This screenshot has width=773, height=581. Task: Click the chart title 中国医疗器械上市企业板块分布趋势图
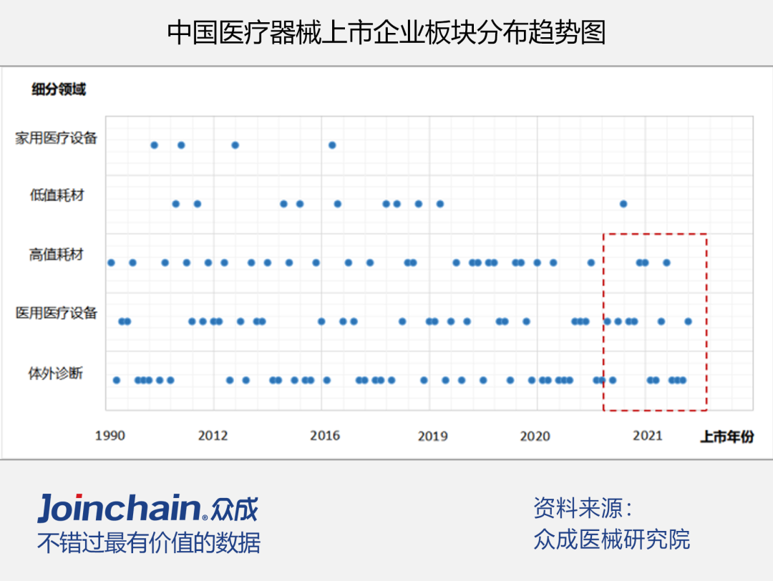(x=386, y=32)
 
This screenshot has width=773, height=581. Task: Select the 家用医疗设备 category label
(x=56, y=138)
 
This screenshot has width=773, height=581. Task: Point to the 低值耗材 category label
(x=57, y=195)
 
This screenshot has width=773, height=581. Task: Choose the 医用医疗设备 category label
(x=56, y=313)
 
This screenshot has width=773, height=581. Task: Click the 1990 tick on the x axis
(x=110, y=436)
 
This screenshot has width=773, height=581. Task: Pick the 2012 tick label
(x=213, y=436)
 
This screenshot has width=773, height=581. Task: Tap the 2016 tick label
(x=325, y=436)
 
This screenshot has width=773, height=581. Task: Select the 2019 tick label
(x=432, y=436)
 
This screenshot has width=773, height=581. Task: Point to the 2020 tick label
(x=535, y=436)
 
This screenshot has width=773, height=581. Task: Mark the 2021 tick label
(x=648, y=436)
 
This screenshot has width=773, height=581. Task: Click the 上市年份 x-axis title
(x=726, y=436)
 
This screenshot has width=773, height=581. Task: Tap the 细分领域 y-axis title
(x=58, y=89)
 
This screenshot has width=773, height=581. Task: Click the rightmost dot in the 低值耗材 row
(x=623, y=204)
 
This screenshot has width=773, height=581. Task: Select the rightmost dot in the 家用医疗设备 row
(x=332, y=145)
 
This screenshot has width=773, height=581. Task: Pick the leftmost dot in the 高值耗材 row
(x=111, y=263)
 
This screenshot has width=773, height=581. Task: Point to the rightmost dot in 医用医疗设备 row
(x=688, y=321)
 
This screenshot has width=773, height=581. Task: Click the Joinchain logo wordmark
(x=119, y=509)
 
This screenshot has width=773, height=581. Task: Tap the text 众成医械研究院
(x=611, y=539)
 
